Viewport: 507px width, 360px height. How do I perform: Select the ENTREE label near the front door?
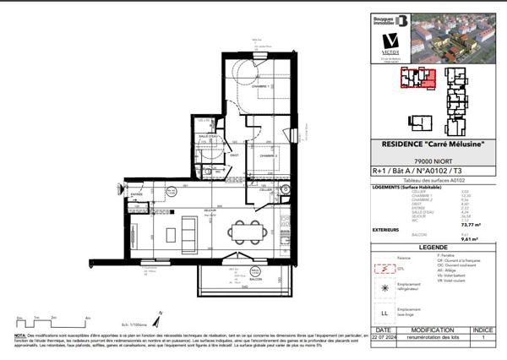pos(134,194)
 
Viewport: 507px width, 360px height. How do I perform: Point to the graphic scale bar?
pos(51,321)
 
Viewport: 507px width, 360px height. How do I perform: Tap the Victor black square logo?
pos(390,41)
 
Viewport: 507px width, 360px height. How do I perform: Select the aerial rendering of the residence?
pos(455,39)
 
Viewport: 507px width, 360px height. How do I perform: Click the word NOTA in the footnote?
pos(19,335)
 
